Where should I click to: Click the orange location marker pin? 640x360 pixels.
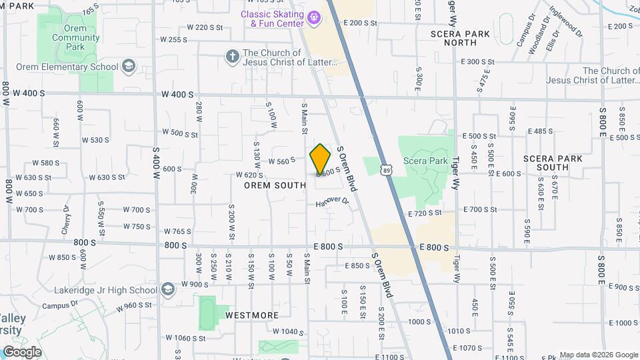(321, 159)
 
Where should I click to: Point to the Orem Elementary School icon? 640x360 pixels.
(129, 67)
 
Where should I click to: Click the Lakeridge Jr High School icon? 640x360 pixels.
(167, 289)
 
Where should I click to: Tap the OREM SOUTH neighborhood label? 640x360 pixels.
(275, 185)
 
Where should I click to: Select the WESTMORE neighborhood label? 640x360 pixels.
(251, 315)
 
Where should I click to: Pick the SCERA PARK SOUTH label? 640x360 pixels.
(553, 163)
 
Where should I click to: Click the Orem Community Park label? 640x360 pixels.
(66, 38)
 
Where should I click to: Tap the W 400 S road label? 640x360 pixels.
(177, 95)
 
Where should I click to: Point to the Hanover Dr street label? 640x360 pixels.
(332, 201)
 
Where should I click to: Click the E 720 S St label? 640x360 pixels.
(425, 213)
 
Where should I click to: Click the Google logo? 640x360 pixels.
(22, 351)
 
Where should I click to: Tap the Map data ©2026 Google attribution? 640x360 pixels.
(598, 355)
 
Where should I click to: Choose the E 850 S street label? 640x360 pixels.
(357, 265)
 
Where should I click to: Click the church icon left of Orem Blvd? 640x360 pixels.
(232, 56)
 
